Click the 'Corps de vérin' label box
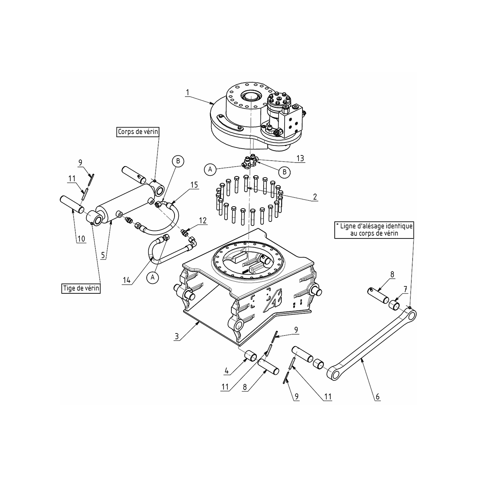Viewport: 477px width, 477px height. (x=138, y=132)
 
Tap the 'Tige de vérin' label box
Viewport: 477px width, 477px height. (x=81, y=288)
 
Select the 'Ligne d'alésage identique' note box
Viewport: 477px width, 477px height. (x=374, y=230)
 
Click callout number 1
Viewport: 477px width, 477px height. (x=188, y=93)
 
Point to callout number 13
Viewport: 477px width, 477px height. (x=300, y=158)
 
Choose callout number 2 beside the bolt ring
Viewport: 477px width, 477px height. (x=315, y=197)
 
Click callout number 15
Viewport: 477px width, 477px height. (x=194, y=185)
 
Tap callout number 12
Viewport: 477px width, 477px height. (x=203, y=221)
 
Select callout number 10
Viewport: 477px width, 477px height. (x=81, y=239)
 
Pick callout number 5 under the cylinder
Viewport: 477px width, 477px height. (x=103, y=255)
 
